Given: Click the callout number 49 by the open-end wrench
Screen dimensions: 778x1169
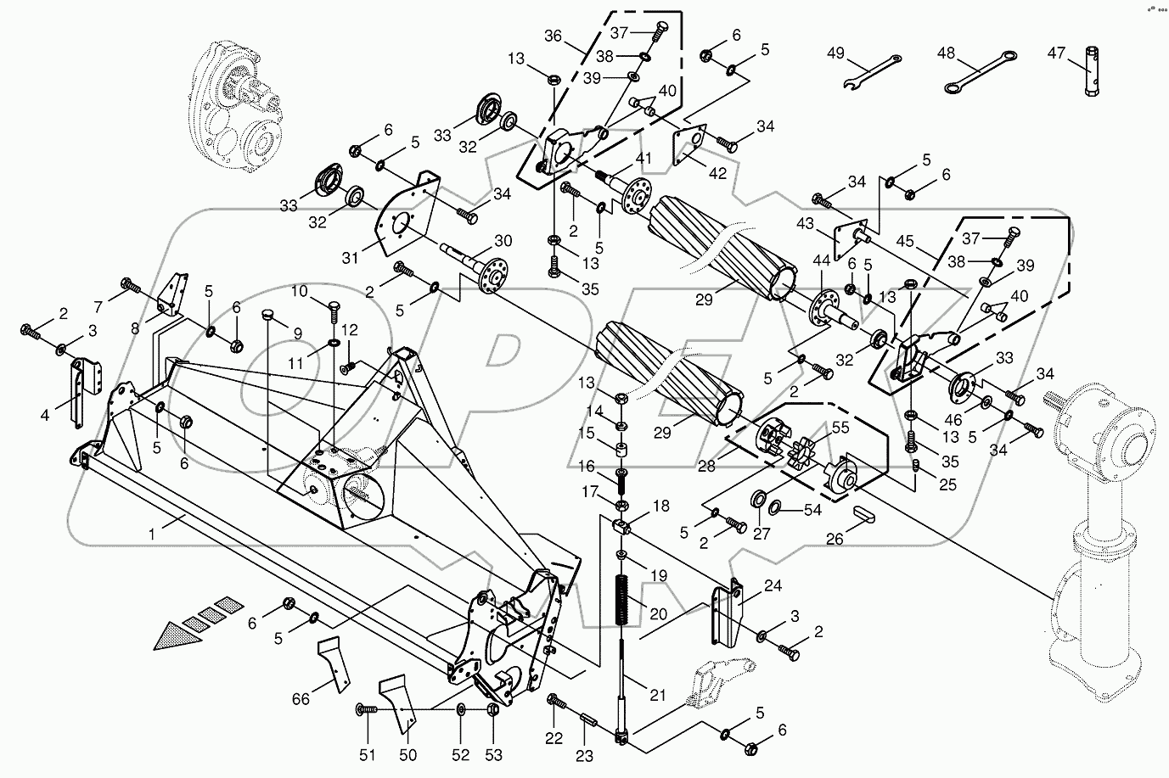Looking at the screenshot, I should (x=835, y=53).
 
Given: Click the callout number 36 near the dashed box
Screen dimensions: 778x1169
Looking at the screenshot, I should (x=553, y=36).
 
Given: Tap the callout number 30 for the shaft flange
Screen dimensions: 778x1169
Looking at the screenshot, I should (x=526, y=238).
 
